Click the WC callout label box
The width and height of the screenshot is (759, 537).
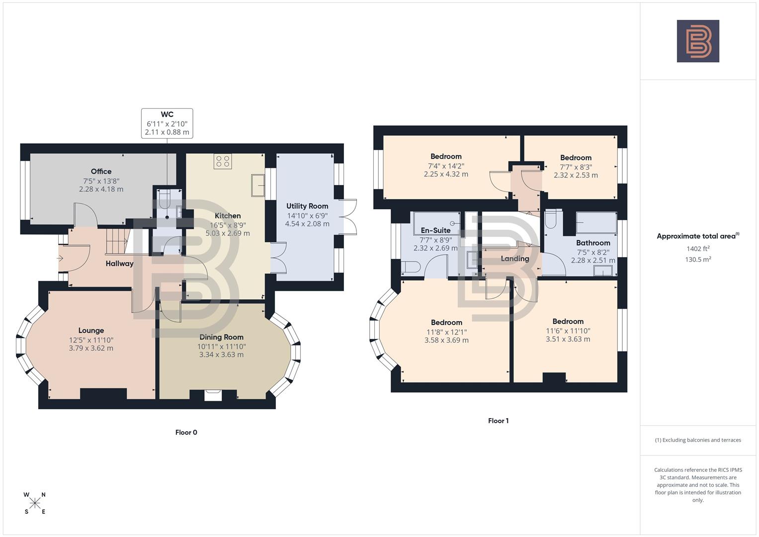pos(167,123)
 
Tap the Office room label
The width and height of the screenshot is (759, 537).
pos(101,172)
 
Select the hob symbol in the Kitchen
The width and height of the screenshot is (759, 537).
pos(223,162)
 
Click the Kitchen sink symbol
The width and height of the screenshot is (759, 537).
pos(258,185)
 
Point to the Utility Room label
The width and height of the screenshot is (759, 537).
pos(307,206)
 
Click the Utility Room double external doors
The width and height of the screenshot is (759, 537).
pos(350,217)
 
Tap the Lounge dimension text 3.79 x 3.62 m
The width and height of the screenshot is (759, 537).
pos(91,348)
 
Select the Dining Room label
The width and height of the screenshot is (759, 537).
pos(221,337)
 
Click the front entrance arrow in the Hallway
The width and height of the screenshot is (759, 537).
pos(61,258)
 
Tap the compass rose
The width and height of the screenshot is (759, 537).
pos(35,503)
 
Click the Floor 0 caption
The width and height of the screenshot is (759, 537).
pos(186,433)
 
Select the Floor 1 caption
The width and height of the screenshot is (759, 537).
pos(498,421)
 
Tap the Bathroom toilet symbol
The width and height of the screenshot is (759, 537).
pos(551,220)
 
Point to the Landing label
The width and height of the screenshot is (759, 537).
pos(515,259)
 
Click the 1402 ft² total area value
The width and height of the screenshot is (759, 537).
pos(698,249)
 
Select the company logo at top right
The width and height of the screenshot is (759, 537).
pos(698,41)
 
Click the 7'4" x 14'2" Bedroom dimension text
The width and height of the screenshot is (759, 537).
pos(446,166)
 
